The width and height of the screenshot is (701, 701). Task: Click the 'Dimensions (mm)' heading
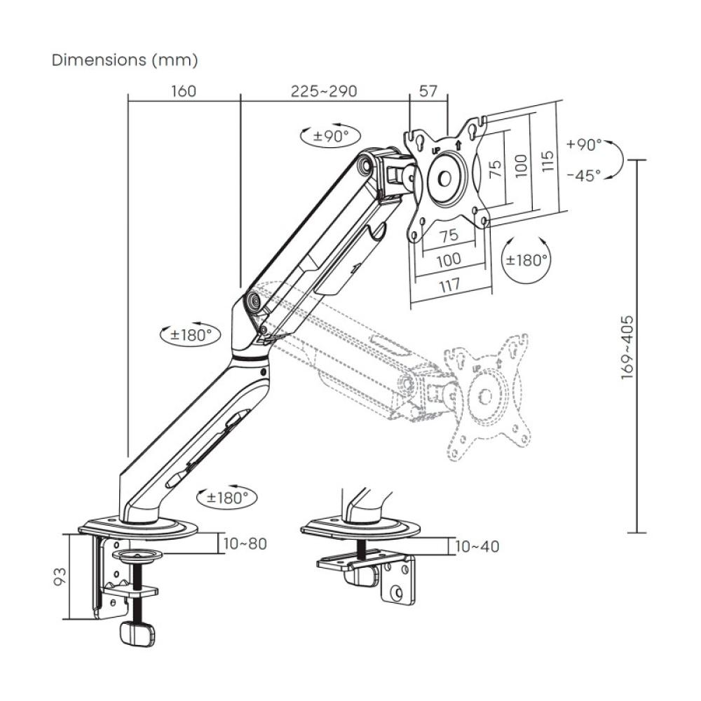click(125, 60)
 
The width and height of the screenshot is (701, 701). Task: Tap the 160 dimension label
click(183, 91)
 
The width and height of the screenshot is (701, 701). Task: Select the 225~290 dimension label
click(324, 91)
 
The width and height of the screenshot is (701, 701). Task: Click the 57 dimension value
click(428, 91)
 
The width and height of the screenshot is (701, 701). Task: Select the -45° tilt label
click(584, 175)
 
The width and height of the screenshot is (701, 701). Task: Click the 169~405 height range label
click(628, 347)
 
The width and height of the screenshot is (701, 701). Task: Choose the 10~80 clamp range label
click(244, 543)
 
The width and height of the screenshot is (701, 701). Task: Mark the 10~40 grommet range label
click(477, 546)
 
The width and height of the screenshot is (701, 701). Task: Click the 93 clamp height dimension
click(61, 576)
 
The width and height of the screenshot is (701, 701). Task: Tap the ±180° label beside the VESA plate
click(526, 260)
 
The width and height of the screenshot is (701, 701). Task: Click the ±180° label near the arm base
click(227, 498)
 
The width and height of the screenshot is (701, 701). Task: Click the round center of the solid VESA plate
click(446, 177)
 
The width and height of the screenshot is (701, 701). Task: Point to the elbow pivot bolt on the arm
click(252, 301)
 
